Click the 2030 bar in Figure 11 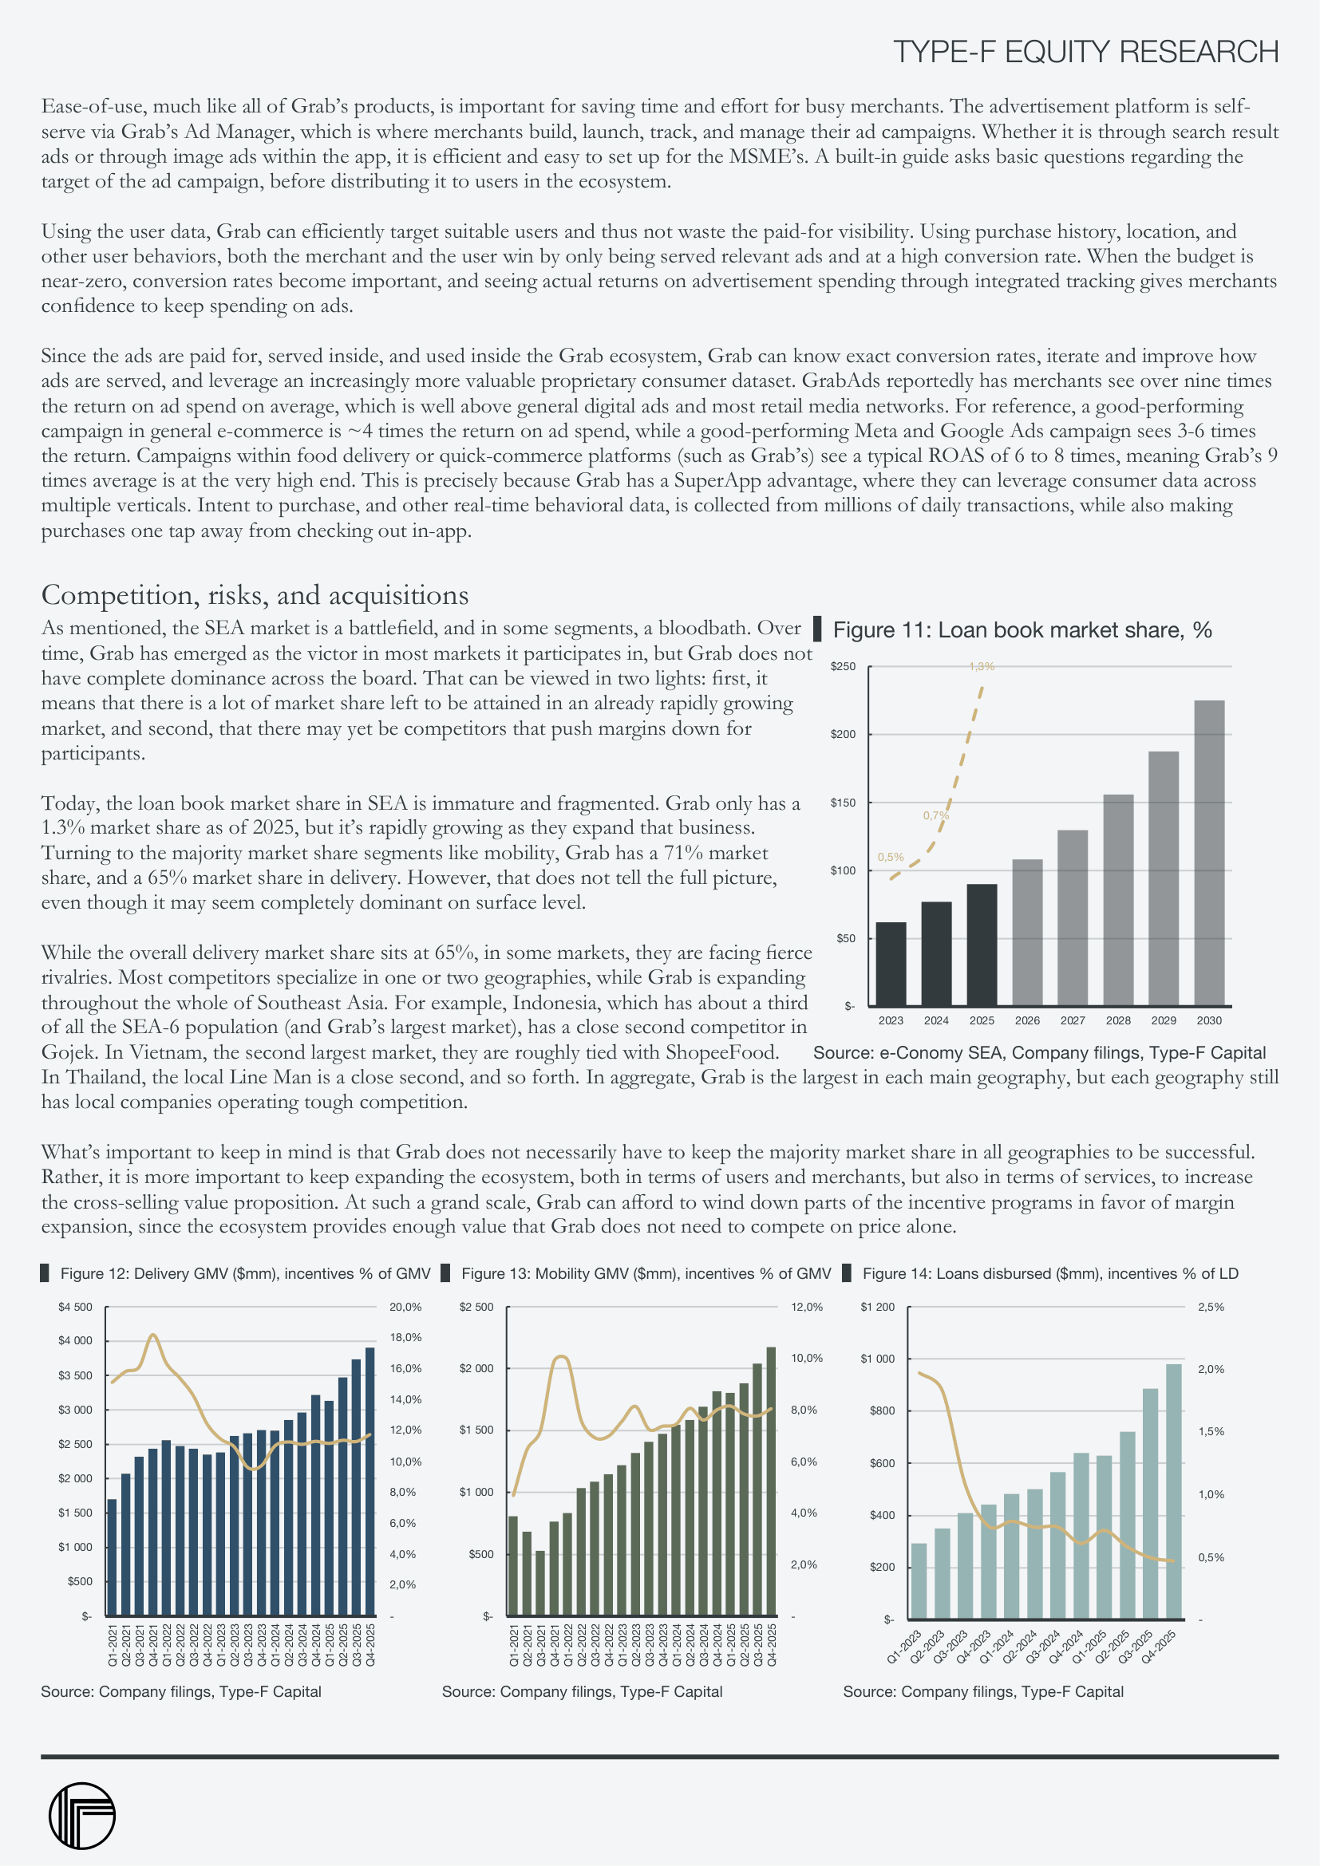1208,853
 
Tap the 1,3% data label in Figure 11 981,666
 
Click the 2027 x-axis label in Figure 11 1072,1021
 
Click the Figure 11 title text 1022,630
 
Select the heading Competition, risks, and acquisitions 255,595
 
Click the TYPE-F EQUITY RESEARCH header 1085,52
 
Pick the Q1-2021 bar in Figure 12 113,1557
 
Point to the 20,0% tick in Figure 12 405,1308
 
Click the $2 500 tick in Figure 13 476,1308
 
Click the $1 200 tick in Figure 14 878,1308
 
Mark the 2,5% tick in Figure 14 1211,1308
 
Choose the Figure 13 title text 646,1273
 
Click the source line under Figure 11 1039,1053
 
